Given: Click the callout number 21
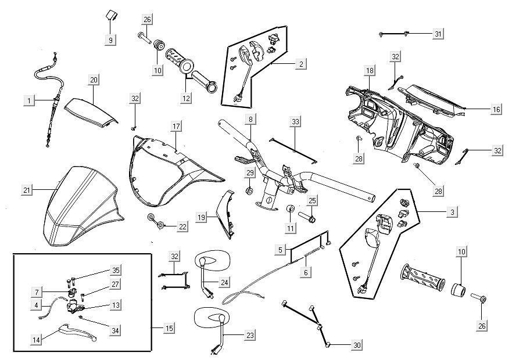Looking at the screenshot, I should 27,189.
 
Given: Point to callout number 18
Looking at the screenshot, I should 370,70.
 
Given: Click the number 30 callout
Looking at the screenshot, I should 356,345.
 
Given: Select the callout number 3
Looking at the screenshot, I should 452,213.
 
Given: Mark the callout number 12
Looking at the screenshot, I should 185,99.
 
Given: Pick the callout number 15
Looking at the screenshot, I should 169,329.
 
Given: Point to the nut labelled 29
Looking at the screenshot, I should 249,190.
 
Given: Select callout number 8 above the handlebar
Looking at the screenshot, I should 250,119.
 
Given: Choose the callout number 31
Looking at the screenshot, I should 438,34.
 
